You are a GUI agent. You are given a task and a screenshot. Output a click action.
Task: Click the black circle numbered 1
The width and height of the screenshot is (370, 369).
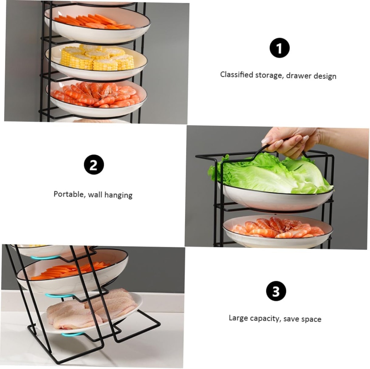(x=279, y=48)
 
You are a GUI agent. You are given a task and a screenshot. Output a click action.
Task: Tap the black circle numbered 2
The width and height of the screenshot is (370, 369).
(x=94, y=165)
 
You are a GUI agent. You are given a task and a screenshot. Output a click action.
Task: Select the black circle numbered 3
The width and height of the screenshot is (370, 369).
(x=276, y=291)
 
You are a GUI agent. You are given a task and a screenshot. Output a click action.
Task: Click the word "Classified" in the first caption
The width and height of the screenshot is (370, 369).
(x=236, y=75)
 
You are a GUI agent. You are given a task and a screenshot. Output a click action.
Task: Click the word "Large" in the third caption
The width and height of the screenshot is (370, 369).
(x=238, y=318)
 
